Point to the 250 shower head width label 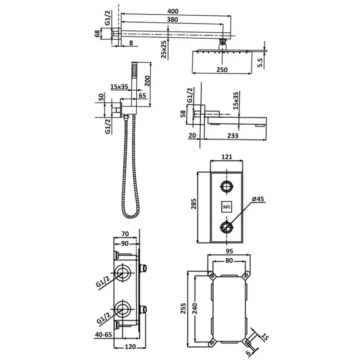point(221,70)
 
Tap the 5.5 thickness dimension point(260,62)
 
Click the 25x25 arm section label point(164,49)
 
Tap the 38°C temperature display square point(226,207)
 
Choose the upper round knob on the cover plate point(226,186)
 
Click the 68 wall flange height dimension point(97,34)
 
